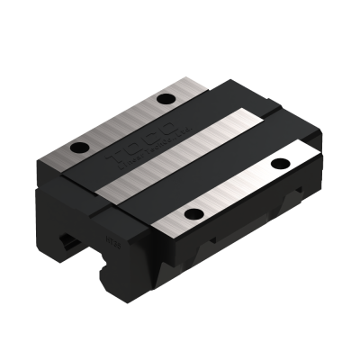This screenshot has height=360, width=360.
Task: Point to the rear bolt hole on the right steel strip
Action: click(x=277, y=163)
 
